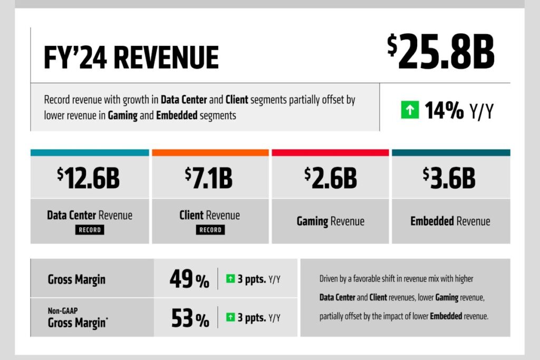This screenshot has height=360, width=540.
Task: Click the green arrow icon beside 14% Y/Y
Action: pos(409,111)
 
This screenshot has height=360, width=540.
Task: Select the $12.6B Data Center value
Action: pos(89,178)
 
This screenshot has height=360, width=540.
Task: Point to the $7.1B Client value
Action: pos(209,178)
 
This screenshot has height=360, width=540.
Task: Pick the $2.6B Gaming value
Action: pos(330,178)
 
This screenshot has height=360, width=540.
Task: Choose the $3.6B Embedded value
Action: pos(449,178)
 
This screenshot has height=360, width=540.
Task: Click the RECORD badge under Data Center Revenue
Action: pos(89,230)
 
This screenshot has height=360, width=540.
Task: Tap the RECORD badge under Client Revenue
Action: pos(210,230)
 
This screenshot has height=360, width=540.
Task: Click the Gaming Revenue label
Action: pos(330,221)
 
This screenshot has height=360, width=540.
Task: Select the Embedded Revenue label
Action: pos(450,221)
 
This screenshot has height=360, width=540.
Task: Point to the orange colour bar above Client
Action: pos(210,153)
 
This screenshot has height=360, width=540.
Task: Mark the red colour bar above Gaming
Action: pos(330,153)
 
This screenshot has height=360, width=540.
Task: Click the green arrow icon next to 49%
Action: pos(230,279)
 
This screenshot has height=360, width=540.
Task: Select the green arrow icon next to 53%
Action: pos(230,317)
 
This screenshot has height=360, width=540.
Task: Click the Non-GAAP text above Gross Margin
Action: pos(59,311)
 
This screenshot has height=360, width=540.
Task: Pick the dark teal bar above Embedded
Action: pos(451,153)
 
